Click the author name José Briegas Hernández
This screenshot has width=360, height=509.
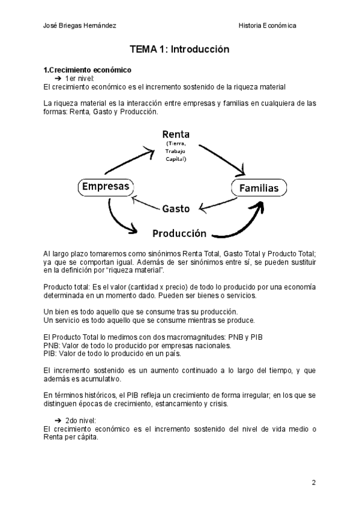pos(80,25)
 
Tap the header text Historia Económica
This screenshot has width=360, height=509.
pos(267,25)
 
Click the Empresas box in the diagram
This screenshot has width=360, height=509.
pos(106,187)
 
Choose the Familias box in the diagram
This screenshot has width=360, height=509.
pos(259,188)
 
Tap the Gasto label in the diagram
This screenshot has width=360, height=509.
pos(176,209)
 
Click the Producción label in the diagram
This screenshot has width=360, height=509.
pos(179,233)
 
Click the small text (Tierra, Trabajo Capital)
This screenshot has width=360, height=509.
pos(176,152)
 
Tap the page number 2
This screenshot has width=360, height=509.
pos(313,482)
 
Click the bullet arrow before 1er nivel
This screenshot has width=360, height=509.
pos(58,79)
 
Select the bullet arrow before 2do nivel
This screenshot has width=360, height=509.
pos(58,420)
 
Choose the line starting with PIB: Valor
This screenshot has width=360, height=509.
pos(113,354)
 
